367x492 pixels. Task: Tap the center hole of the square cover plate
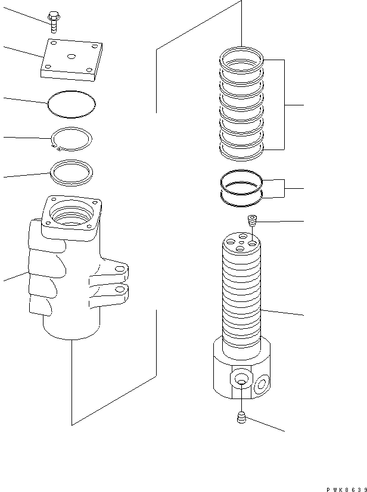tap(71, 57)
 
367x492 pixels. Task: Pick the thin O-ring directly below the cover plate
tap(71, 102)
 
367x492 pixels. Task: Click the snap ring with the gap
tap(71, 139)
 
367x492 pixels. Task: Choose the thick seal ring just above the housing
tap(71, 172)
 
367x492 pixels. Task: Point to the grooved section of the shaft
tap(242, 298)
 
